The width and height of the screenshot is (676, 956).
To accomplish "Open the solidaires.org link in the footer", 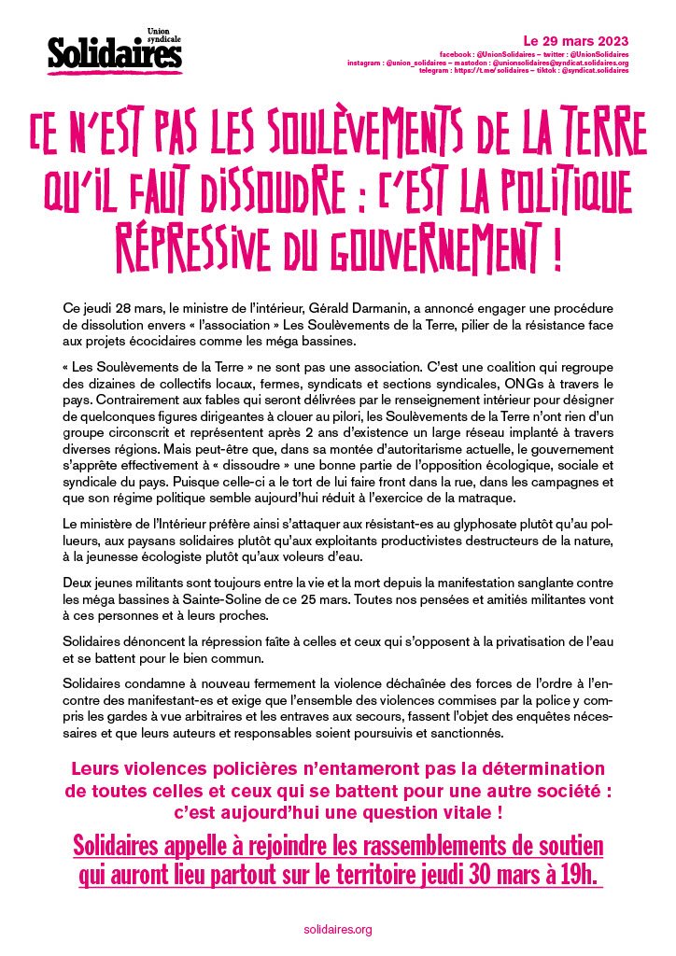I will (338, 929).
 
